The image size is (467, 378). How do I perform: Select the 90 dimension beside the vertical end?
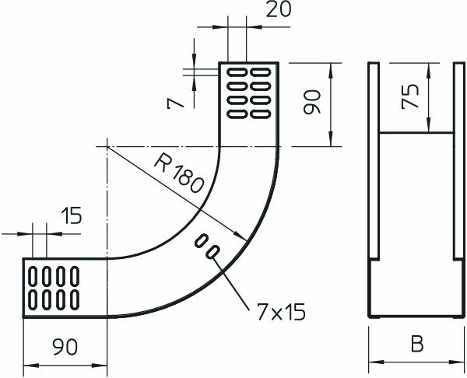tap(312, 102)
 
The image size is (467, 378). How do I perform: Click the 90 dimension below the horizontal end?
tap(65, 348)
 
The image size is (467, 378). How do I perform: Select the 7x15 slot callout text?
tap(275, 312)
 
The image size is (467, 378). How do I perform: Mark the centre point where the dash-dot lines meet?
tap(107, 145)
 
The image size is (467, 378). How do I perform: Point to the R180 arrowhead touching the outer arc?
tap(244, 236)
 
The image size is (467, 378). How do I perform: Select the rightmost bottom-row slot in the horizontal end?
tap(75, 297)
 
